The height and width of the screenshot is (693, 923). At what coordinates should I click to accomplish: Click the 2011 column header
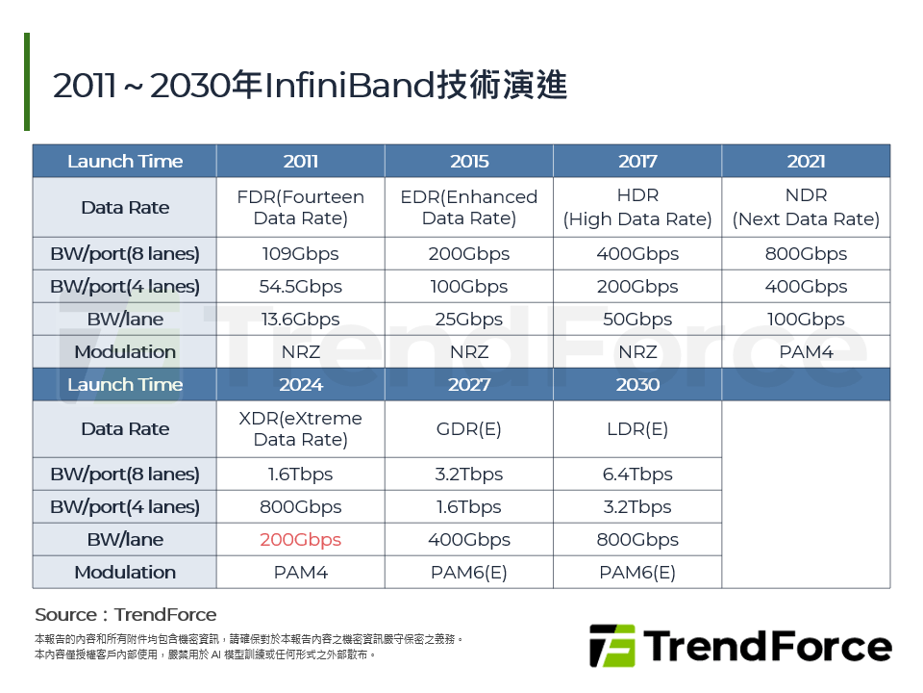tap(300, 161)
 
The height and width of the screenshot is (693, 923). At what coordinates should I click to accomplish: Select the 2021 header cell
tap(806, 161)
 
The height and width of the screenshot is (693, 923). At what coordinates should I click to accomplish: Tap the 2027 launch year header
tap(469, 384)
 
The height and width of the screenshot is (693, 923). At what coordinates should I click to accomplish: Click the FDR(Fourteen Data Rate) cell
tap(300, 207)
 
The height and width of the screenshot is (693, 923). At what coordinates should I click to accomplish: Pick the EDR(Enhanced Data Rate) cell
tap(469, 207)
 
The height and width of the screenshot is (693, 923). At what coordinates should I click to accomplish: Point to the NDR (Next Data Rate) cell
tap(806, 207)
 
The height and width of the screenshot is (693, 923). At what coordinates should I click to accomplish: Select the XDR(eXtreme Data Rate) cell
tap(300, 429)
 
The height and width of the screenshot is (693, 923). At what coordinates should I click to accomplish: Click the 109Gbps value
tap(300, 254)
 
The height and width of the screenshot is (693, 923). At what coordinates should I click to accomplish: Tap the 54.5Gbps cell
tap(300, 287)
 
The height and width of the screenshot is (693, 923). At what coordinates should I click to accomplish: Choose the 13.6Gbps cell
tap(300, 320)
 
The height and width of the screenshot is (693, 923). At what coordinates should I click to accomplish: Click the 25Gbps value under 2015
tap(469, 320)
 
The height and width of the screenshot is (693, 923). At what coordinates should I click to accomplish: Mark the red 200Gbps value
tap(300, 540)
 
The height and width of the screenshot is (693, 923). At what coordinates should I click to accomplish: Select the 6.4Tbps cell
tap(637, 475)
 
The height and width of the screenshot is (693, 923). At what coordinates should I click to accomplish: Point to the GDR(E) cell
tap(469, 429)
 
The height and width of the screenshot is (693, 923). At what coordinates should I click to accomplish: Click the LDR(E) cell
tap(637, 429)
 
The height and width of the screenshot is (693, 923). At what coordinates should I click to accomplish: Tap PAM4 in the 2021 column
tap(806, 352)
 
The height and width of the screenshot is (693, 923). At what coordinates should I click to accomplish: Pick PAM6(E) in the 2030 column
tap(637, 573)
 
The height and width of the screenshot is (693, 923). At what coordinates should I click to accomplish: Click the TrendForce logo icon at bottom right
tap(612, 646)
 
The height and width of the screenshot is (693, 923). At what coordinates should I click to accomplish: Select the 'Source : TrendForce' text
tap(126, 615)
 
